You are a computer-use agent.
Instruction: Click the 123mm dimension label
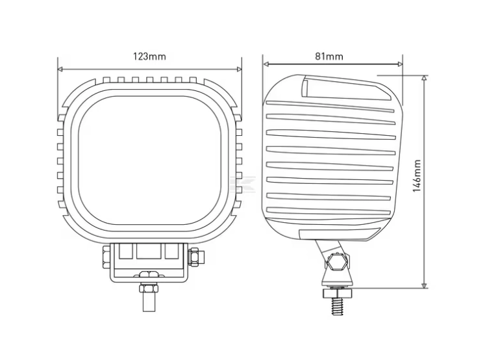[x=149, y=57]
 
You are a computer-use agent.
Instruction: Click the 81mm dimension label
[x=329, y=57]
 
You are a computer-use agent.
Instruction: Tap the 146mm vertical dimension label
[x=417, y=176]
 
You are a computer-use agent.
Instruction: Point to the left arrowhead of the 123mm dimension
[x=60, y=69]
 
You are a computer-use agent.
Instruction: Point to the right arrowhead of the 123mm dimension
[x=239, y=69]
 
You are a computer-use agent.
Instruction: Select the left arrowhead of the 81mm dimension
[x=266, y=64]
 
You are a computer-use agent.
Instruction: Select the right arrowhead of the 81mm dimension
[x=400, y=64]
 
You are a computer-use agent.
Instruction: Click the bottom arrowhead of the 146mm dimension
[x=424, y=285]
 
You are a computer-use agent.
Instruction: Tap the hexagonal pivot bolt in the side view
[x=336, y=261]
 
